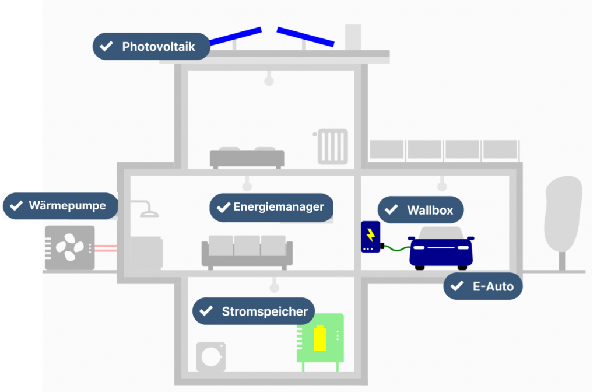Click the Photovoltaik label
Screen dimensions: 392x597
[151, 46]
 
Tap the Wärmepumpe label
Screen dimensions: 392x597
[61, 206]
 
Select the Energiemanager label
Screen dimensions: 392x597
[271, 207]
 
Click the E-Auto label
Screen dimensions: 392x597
[483, 286]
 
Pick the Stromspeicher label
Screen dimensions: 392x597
[254, 311]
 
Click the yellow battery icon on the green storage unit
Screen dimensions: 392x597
[320, 339]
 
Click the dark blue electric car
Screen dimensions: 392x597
[441, 248]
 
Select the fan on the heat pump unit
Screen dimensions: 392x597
[69, 247]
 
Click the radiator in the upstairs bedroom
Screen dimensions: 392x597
[332, 146]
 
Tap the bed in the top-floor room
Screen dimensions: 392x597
[247, 157]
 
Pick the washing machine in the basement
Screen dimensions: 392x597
[210, 356]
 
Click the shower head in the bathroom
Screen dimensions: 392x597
[149, 212]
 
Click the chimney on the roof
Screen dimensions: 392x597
[353, 37]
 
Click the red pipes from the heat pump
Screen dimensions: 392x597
[106, 249]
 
